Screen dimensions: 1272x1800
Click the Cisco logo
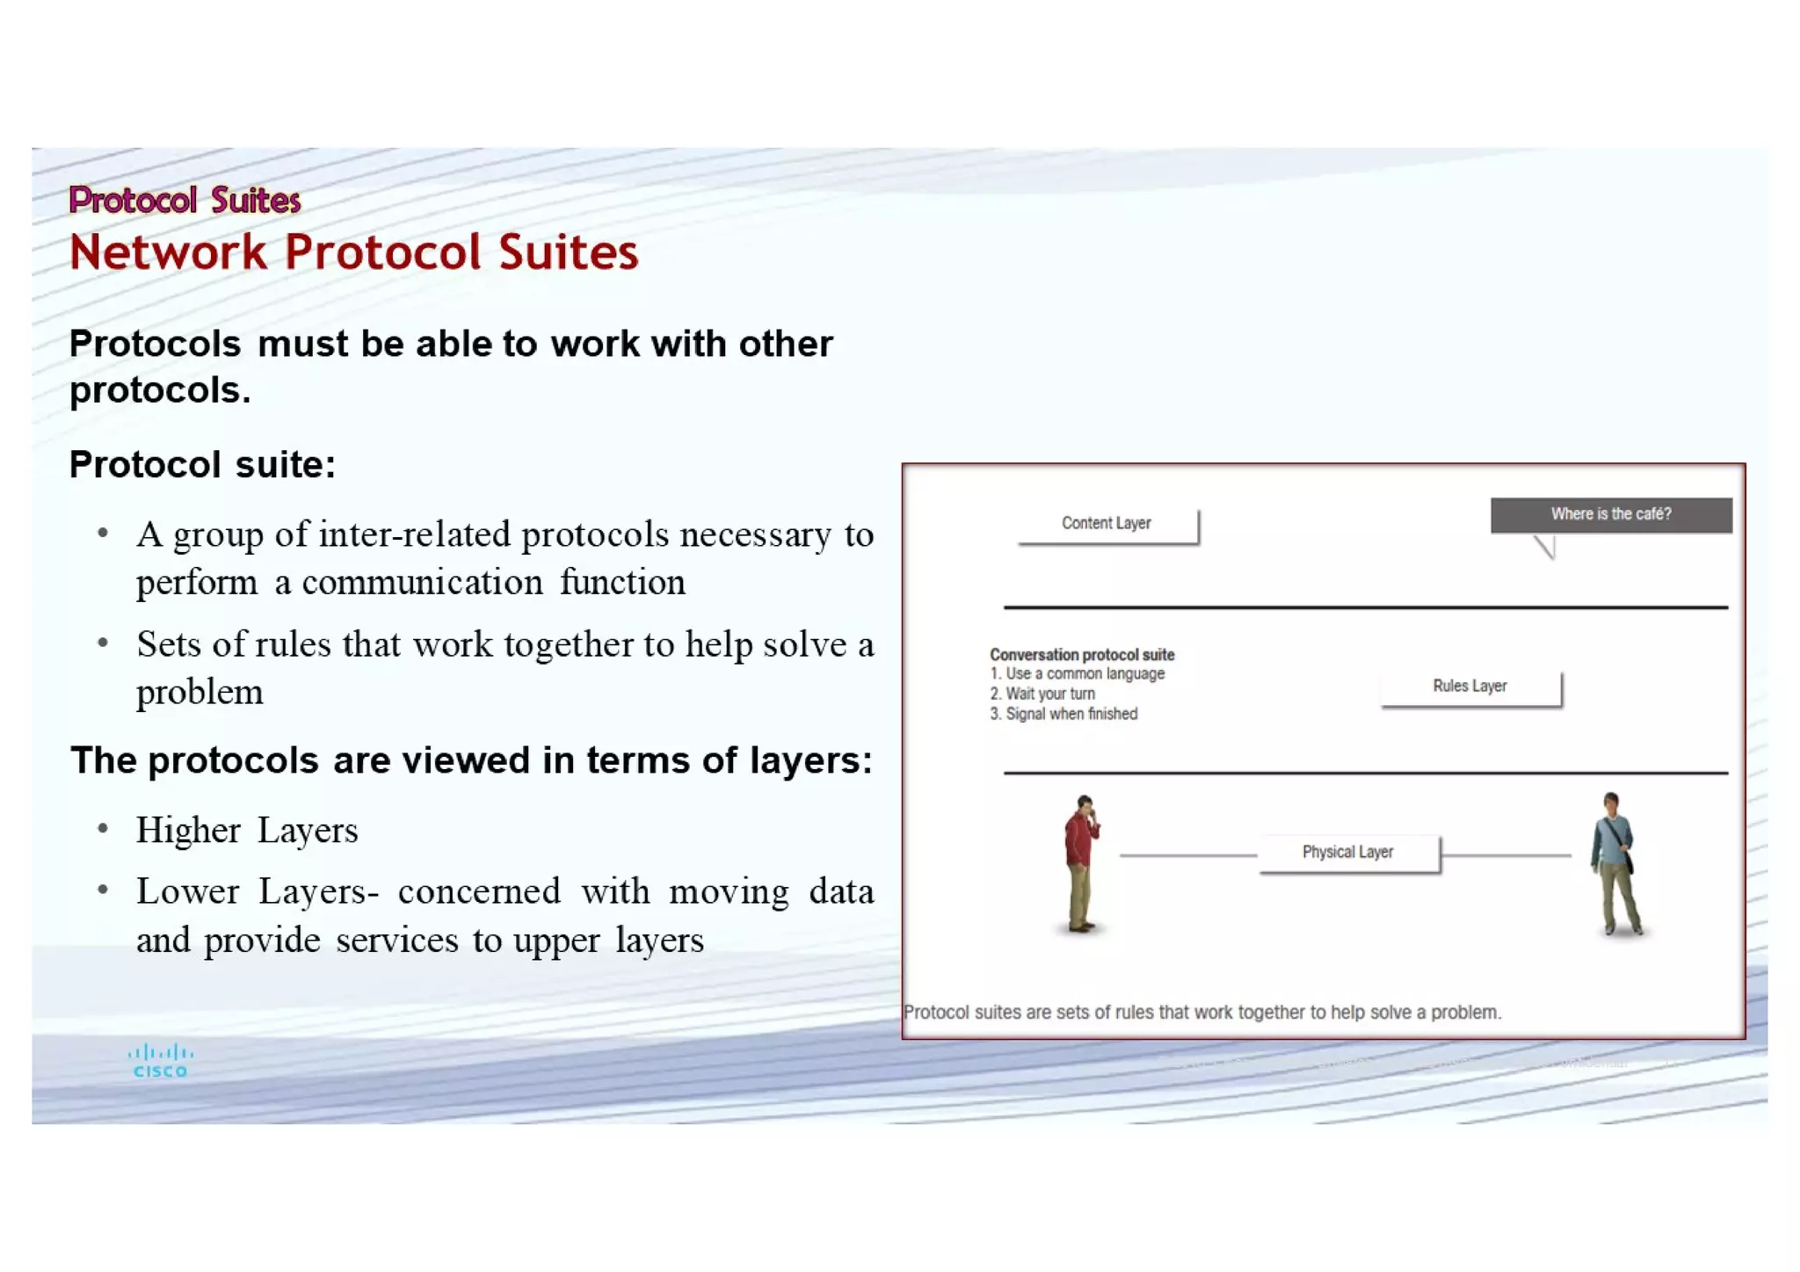pos(160,1060)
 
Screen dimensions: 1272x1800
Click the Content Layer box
pos(1107,525)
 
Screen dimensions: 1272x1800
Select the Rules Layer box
pos(1470,687)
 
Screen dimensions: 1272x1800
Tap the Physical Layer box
pos(1348,853)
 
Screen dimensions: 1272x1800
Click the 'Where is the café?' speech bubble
pos(1610,515)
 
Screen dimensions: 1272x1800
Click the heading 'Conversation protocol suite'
pos(1081,655)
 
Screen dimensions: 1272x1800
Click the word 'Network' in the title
pos(168,253)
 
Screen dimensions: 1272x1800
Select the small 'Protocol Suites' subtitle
pos(185,200)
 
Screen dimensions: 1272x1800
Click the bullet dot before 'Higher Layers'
pos(103,829)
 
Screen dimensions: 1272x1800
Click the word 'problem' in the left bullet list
pos(200,693)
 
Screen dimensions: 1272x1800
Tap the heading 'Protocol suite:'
pos(202,465)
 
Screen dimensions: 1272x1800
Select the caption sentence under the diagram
pos(1201,1013)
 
